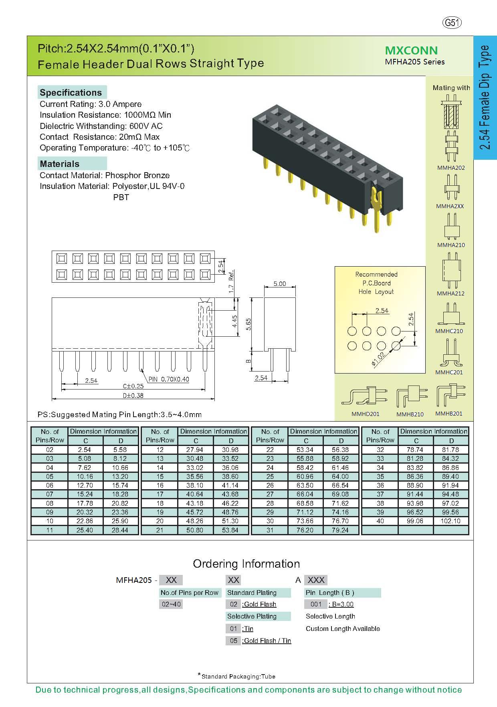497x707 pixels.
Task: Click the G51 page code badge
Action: [452, 23]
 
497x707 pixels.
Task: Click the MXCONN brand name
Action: [411, 50]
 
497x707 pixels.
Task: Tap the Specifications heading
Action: [71, 92]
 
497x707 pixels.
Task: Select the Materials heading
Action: [60, 164]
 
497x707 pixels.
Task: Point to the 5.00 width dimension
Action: [280, 284]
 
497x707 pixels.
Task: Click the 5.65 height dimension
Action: [249, 324]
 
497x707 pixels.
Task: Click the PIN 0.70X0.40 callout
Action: [169, 379]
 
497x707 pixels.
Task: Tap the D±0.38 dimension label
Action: [133, 396]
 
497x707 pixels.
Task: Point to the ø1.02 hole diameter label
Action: [378, 359]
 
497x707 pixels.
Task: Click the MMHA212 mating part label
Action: [451, 293]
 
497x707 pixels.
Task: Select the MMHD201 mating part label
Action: [365, 414]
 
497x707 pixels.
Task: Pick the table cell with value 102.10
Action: [451, 521]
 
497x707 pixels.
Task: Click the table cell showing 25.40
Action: [85, 530]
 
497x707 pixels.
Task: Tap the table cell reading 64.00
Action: [340, 476]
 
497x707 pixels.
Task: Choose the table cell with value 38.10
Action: [195, 485]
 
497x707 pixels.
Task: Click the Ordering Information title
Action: [246, 564]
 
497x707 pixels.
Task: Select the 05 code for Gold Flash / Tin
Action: [234, 641]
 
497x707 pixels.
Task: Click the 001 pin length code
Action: [316, 604]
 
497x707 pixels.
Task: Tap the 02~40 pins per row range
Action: [171, 604]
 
